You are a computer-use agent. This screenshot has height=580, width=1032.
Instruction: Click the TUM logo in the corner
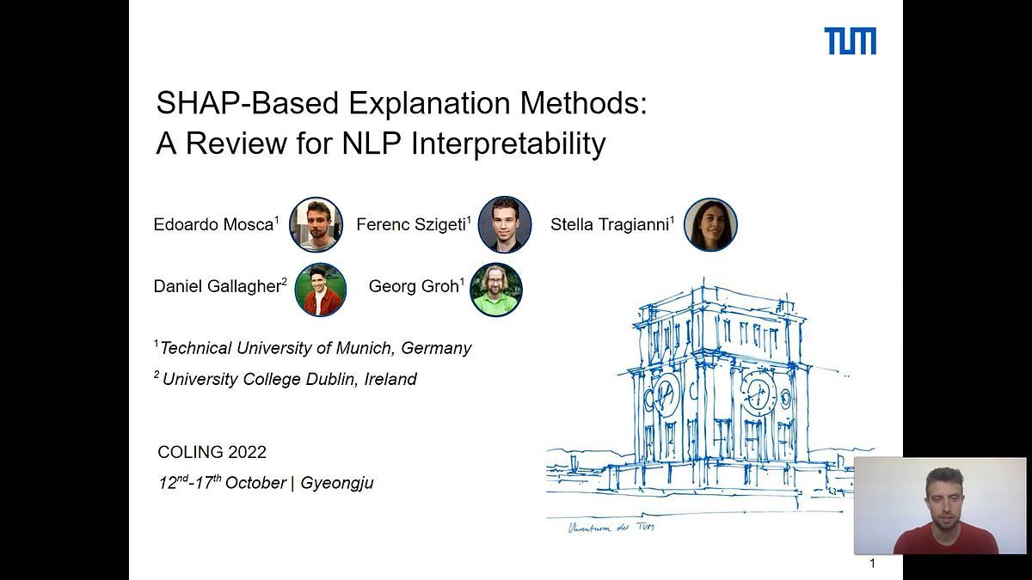[x=850, y=40]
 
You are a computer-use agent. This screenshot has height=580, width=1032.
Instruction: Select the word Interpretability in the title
[x=508, y=143]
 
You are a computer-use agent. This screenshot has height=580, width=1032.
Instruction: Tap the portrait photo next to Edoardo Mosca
[x=316, y=224]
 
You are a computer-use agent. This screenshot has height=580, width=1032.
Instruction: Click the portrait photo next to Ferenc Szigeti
[x=504, y=224]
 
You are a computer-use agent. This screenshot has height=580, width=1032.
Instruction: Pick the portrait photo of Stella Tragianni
[x=710, y=224]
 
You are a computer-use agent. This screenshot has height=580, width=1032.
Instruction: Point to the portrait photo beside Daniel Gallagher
[x=320, y=290]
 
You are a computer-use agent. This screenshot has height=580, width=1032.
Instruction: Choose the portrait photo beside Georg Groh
[x=496, y=290]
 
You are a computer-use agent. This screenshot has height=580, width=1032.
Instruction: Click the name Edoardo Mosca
[x=213, y=225]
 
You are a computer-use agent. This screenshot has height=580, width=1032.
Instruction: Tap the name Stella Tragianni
[x=610, y=225]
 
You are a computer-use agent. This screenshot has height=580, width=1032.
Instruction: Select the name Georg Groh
[x=414, y=287]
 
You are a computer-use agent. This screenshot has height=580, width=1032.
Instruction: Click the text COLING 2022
[x=212, y=452]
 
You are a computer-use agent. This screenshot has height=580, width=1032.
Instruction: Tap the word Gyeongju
[x=337, y=483]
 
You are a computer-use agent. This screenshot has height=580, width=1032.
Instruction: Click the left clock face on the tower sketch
[x=665, y=394]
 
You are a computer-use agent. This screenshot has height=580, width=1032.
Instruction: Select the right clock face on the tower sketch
[x=758, y=394]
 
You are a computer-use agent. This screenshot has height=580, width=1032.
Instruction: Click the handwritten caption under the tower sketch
[x=610, y=527]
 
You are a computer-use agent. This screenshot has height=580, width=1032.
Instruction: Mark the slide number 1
[x=872, y=564]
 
